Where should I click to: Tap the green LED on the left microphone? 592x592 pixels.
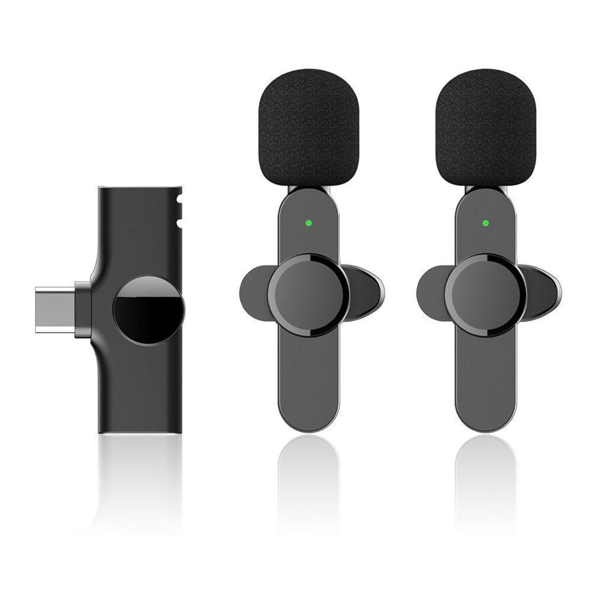click(309, 223)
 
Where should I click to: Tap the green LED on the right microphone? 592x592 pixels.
click(486, 223)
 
